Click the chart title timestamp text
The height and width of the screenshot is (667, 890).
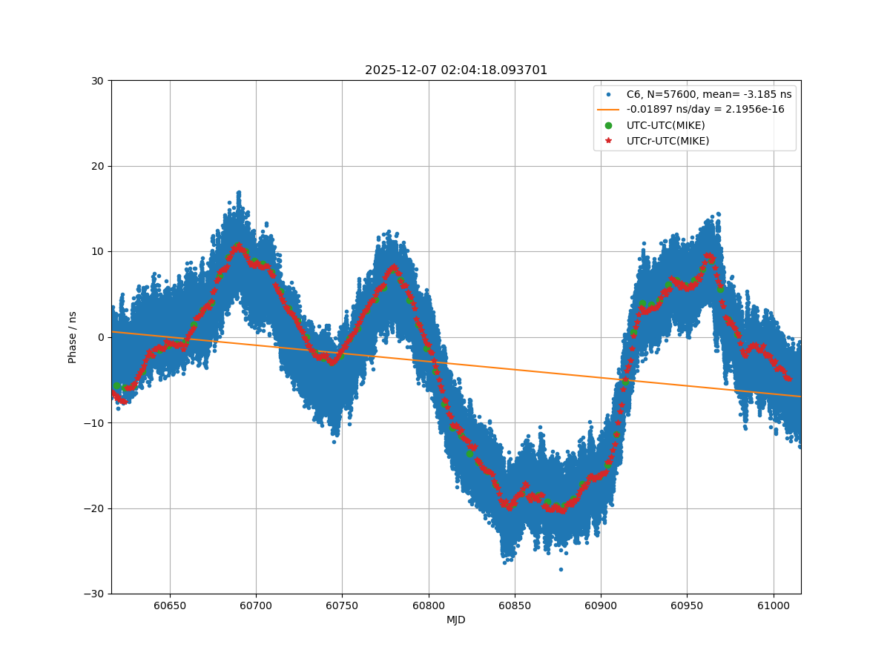455,70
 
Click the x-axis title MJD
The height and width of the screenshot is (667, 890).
455,620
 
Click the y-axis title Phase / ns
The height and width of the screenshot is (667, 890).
73,337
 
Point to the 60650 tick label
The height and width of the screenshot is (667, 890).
170,605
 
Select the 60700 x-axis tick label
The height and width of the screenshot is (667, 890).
256,605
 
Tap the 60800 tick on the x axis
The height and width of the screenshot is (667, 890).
428,605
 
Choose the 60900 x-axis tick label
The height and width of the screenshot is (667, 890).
600,605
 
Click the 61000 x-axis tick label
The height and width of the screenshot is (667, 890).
773,605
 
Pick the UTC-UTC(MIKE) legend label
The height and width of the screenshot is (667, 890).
665,125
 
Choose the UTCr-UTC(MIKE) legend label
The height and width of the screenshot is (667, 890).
667,141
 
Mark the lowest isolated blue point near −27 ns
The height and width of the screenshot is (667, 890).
561,569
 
